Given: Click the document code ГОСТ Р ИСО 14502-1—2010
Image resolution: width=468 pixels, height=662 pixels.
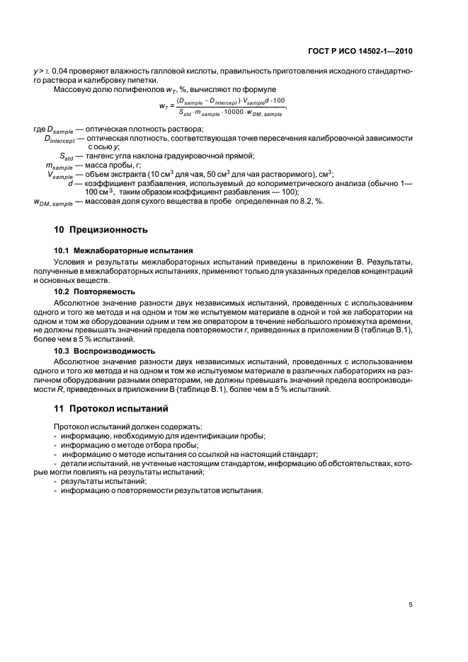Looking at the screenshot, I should click(x=368, y=51).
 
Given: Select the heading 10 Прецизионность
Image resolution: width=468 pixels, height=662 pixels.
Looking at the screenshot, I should click(x=101, y=230).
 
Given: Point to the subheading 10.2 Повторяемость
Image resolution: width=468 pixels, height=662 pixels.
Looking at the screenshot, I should click(x=95, y=291).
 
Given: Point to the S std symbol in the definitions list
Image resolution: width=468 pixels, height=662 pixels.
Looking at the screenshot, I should click(x=67, y=156).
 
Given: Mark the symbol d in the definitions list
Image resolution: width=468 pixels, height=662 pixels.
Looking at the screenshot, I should click(x=71, y=183).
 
